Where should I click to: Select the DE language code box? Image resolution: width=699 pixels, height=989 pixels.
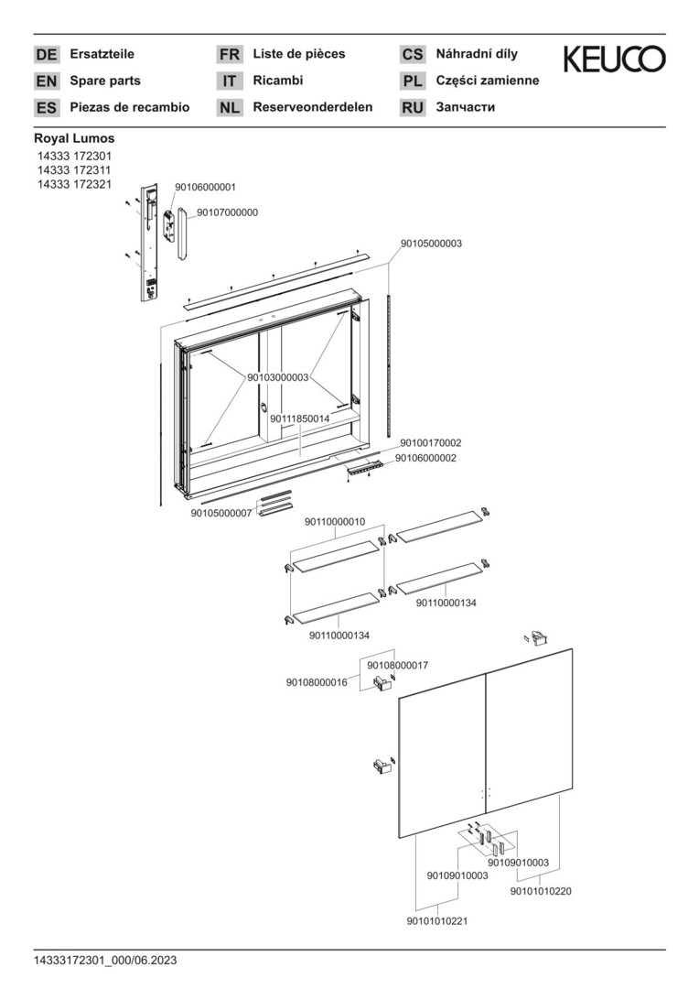point(47,55)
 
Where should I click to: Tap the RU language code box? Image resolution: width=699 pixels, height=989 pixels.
point(413,108)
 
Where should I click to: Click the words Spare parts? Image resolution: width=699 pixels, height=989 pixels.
point(105,81)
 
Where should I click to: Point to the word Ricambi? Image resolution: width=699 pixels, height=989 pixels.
point(278,80)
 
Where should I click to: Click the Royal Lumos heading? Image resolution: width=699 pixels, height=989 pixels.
point(74,138)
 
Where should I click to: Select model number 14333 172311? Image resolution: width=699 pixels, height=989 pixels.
point(74,170)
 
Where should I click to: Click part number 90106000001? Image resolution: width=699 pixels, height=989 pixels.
point(205,188)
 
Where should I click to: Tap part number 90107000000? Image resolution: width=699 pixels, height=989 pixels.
point(228,212)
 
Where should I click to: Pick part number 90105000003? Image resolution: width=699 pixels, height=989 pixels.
point(431,244)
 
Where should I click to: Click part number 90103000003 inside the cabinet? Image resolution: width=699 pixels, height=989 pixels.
point(278,377)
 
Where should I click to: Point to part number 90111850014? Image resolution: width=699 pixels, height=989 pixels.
point(300,418)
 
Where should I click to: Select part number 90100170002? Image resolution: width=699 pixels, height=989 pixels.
point(431,443)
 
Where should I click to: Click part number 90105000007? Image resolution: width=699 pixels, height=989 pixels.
point(221,514)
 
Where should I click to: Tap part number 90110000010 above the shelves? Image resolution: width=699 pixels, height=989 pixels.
point(335,522)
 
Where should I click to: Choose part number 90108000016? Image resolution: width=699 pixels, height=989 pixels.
point(317,682)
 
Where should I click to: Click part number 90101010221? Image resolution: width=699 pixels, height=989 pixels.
point(437,921)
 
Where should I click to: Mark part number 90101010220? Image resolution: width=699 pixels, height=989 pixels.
point(541,891)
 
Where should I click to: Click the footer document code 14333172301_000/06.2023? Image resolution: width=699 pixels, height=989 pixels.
point(105,961)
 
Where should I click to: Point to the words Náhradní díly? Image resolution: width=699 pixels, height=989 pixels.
point(478,54)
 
